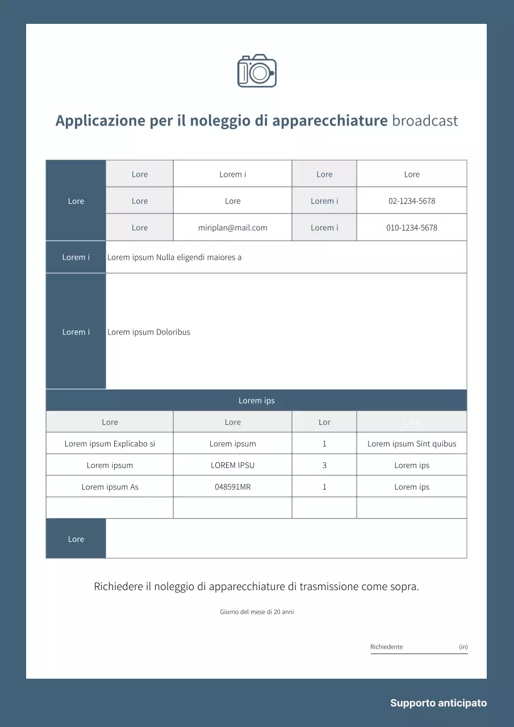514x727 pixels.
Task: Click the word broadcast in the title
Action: tap(425, 121)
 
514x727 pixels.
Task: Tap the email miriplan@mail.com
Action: tap(232, 228)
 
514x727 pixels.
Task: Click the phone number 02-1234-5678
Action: tap(412, 201)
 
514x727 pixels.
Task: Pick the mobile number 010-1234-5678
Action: tap(412, 228)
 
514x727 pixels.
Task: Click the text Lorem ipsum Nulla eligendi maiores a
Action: tap(174, 257)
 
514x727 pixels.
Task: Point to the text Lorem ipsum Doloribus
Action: tap(149, 332)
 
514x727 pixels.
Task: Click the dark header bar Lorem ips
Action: tap(256, 400)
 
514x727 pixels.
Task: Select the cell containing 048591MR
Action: tap(232, 487)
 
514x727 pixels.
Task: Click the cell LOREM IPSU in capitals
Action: tap(232, 465)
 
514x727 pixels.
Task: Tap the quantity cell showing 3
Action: tap(324, 465)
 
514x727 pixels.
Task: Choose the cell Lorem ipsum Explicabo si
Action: tap(110, 444)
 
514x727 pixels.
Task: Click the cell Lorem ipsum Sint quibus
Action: tap(412, 444)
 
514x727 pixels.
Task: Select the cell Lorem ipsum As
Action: tap(110, 487)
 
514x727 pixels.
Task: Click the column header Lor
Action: tap(324, 422)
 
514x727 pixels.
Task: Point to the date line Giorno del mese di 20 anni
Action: tap(257, 612)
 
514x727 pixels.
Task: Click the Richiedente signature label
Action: tap(387, 647)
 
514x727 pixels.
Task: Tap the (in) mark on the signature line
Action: tap(463, 647)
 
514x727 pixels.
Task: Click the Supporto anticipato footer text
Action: tap(438, 703)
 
